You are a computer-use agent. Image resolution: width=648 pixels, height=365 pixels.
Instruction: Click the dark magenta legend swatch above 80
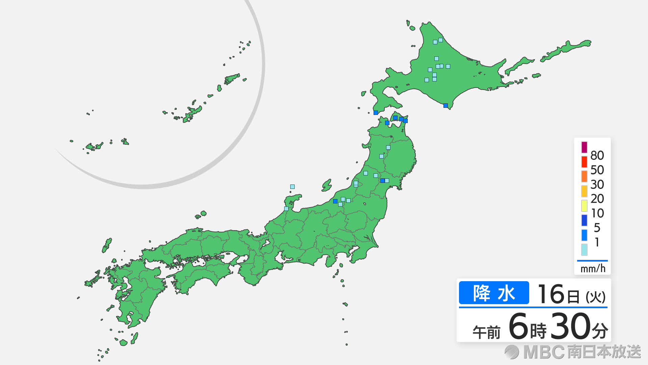tap(584, 147)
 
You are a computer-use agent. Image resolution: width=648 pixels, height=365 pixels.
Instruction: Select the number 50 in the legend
tap(597, 170)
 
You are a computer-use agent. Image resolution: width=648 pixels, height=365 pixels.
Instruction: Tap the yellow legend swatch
tap(584, 205)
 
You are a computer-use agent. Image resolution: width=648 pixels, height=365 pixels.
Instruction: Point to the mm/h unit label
tap(593, 269)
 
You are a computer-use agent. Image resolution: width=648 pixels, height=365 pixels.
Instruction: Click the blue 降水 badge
tap(494, 293)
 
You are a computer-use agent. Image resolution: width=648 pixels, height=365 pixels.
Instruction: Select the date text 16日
tap(559, 294)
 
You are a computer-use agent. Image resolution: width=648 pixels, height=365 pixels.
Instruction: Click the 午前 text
tap(486, 332)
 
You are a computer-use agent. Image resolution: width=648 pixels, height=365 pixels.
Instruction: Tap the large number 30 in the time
tap(570, 326)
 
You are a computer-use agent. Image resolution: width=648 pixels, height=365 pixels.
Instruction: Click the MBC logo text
tap(544, 352)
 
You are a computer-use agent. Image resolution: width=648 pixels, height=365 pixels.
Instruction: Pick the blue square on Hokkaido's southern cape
tap(446, 105)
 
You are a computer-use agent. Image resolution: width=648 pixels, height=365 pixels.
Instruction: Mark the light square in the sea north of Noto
tap(292, 187)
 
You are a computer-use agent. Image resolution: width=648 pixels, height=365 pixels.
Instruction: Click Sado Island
tap(327, 185)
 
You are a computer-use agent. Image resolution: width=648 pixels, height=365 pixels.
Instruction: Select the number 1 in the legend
tap(597, 242)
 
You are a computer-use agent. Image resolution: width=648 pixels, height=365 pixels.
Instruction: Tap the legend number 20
tap(597, 199)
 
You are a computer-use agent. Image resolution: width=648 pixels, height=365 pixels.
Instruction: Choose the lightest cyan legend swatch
tap(584, 249)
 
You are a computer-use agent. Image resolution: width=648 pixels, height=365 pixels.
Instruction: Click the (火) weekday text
tap(595, 297)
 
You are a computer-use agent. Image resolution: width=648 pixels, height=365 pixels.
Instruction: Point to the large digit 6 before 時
tap(518, 326)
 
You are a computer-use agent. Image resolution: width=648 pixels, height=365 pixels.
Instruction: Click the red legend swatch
tap(584, 162)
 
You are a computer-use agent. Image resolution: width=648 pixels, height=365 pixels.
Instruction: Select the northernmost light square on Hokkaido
tap(440, 40)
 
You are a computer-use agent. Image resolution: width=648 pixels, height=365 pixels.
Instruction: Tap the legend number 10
tap(597, 213)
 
